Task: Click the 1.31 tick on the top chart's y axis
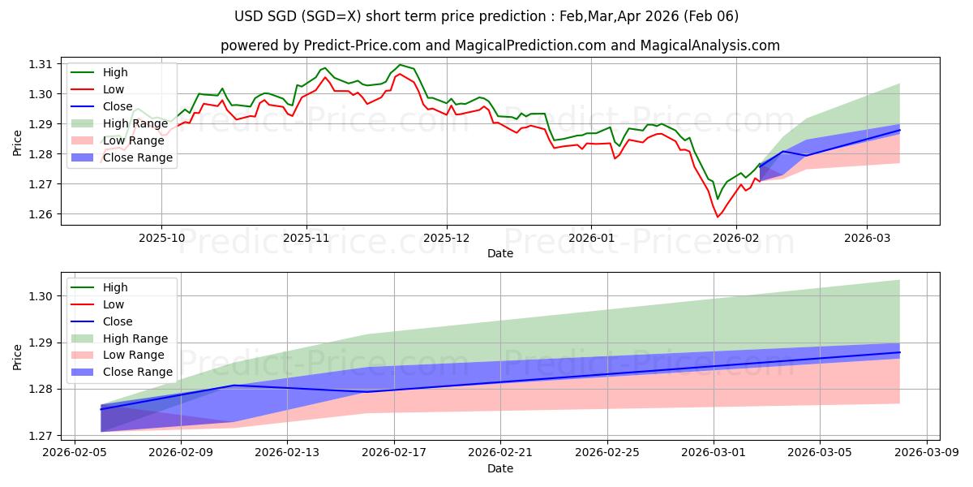(x=41, y=64)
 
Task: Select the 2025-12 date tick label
(x=447, y=238)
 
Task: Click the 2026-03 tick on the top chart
(x=867, y=238)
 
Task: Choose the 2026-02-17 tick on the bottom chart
(x=394, y=453)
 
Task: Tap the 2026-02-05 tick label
(x=74, y=453)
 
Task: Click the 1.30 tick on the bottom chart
(x=41, y=296)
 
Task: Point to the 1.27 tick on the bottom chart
(x=41, y=436)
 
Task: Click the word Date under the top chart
(x=499, y=253)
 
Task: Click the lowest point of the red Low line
(x=718, y=217)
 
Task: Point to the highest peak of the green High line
(x=400, y=64)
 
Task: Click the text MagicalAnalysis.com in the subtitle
(x=710, y=45)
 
